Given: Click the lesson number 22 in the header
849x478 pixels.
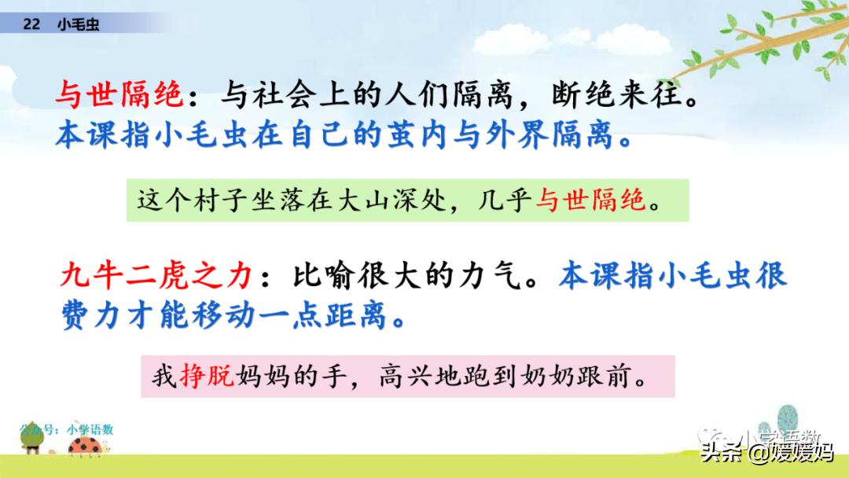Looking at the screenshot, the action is pyautogui.click(x=31, y=24).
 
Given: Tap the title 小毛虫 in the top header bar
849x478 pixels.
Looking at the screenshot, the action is pyautogui.click(x=78, y=24).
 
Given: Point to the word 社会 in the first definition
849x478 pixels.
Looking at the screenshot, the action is pyautogui.click(x=285, y=94).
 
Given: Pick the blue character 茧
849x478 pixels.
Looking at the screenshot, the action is pyautogui.click(x=402, y=134).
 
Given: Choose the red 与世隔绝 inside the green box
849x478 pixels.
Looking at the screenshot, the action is pyautogui.click(x=590, y=200).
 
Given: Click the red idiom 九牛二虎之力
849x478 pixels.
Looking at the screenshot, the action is pyautogui.click(x=156, y=275).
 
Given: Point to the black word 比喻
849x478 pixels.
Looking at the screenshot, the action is pyautogui.click(x=324, y=275).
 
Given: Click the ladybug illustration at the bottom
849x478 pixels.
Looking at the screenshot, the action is pyautogui.click(x=86, y=446).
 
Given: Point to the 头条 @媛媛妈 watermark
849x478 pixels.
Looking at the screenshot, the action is pyautogui.click(x=767, y=451).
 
